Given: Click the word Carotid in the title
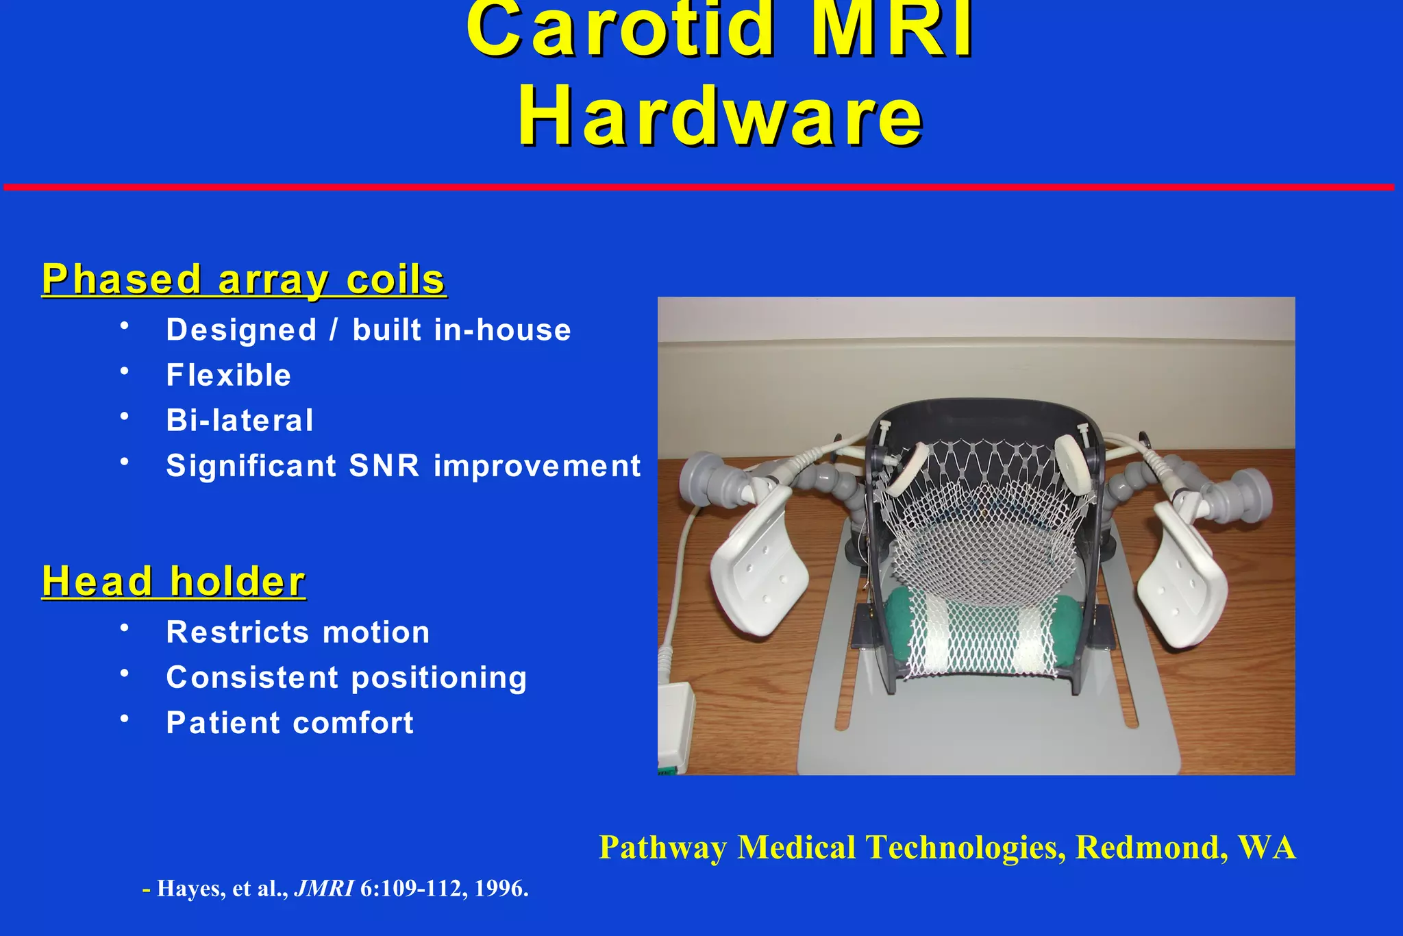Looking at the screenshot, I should [620, 31].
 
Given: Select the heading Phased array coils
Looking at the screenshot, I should [244, 280].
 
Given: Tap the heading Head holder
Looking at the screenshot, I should [173, 582].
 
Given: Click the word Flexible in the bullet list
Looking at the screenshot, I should [229, 375].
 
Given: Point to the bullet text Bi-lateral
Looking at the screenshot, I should [240, 421].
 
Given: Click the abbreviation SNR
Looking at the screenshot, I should [384, 466].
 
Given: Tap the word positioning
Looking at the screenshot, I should [439, 678].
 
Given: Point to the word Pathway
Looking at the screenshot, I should [662, 848].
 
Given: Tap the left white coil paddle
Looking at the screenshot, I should [758, 562].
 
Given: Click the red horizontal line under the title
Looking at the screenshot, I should [699, 187].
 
